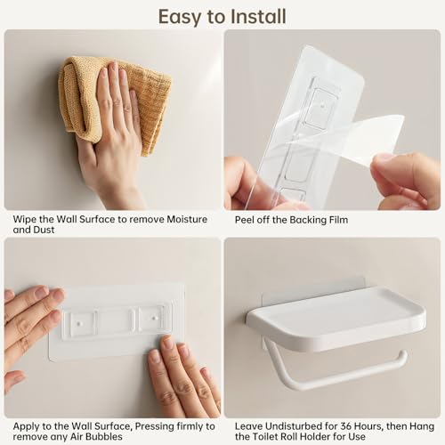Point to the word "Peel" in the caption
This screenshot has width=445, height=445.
(247, 219)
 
